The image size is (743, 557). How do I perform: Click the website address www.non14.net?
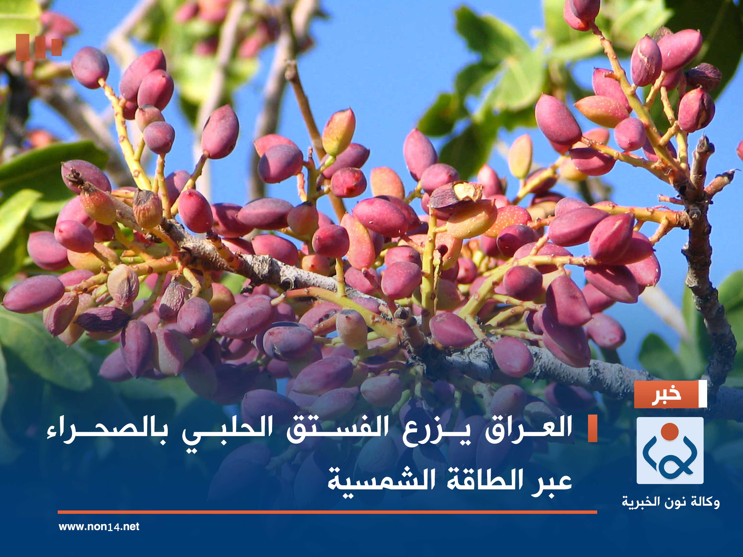pos(99,526)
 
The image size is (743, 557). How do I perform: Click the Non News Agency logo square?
pos(670,450)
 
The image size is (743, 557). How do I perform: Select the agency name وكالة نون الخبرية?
pos(671,502)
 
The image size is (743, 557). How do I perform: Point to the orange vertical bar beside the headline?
pos(592,428)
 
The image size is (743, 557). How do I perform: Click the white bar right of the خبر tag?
pos(702,394)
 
